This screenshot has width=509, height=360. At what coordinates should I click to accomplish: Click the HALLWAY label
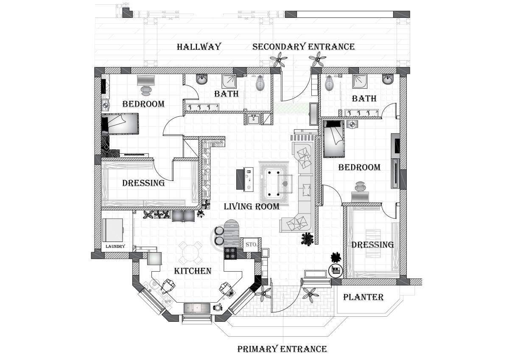pyautogui.click(x=199, y=47)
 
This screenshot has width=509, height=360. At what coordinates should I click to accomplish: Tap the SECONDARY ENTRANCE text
pyautogui.click(x=303, y=47)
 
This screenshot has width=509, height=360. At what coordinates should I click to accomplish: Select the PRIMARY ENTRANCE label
pyautogui.click(x=282, y=349)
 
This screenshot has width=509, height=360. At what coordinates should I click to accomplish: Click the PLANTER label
pyautogui.click(x=364, y=297)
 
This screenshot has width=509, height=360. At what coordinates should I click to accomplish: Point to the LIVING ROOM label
pyautogui.click(x=252, y=207)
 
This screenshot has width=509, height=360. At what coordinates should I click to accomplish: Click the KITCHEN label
pyautogui.click(x=193, y=271)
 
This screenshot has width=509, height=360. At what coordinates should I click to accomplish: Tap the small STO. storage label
pyautogui.click(x=252, y=245)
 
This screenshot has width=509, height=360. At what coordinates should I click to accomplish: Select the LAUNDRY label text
pyautogui.click(x=115, y=246)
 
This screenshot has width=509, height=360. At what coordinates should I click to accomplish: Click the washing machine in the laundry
pyautogui.click(x=113, y=230)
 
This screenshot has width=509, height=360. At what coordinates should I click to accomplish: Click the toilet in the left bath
pyautogui.click(x=260, y=83)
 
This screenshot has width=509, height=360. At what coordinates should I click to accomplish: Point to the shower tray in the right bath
pyautogui.click(x=360, y=81)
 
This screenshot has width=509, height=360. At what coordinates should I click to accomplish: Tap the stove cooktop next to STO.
pyautogui.click(x=230, y=253)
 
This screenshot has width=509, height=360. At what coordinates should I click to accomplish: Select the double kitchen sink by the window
pyautogui.click(x=197, y=307)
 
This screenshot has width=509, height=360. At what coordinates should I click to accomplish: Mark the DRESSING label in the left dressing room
pyautogui.click(x=143, y=183)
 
